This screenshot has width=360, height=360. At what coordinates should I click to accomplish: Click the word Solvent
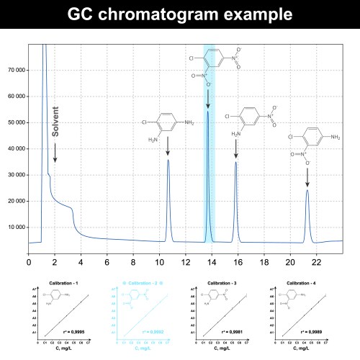tap(55, 122)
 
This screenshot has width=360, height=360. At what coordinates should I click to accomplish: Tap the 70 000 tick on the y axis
tap(17, 71)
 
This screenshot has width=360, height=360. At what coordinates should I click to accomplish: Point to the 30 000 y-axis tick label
tap(17, 175)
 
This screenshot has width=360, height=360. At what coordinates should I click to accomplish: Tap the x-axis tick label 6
tap(107, 260)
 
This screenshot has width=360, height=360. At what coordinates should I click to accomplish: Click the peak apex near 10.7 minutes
tap(168, 160)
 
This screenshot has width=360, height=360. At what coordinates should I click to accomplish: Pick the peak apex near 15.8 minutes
tap(235, 162)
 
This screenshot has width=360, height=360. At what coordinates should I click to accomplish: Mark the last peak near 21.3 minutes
tap(307, 190)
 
